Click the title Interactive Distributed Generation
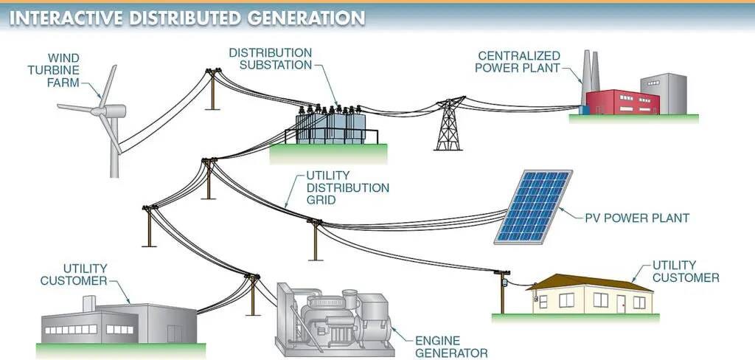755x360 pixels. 187,18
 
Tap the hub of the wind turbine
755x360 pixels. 98,112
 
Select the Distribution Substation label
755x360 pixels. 270,60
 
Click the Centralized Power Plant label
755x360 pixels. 518,62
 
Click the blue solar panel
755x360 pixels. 532,207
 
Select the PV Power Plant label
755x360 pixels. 636,218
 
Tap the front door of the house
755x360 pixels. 621,302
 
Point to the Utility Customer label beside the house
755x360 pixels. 685,271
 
